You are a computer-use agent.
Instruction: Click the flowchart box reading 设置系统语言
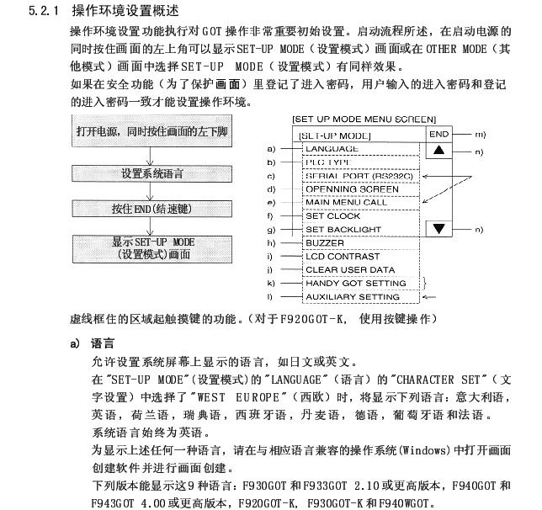coord(151,174)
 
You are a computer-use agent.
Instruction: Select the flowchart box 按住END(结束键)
coord(151,208)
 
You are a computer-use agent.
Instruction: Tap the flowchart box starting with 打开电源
coord(151,132)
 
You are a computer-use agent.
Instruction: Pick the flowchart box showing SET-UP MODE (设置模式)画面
coord(151,248)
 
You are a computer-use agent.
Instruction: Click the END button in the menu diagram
coord(439,134)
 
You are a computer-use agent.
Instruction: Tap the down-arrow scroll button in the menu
coord(439,229)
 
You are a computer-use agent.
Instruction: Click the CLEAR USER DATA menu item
coord(349,270)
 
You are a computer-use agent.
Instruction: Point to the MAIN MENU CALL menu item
coord(346,203)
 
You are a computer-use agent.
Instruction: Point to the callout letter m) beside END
coord(481,135)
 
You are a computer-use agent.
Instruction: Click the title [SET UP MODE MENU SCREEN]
coord(364,119)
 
